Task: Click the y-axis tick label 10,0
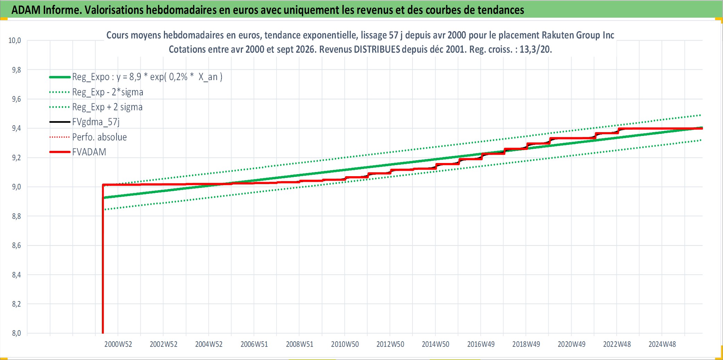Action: point(15,41)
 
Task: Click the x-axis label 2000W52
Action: point(118,344)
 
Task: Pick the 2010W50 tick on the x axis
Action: point(345,344)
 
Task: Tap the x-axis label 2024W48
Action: point(662,344)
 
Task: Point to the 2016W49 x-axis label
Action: point(481,344)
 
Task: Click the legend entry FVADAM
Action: point(89,152)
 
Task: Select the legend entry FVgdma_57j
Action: point(96,122)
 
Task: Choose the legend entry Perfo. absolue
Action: point(99,137)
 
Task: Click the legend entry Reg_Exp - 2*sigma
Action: point(107,92)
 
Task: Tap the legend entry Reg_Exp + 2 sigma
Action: point(107,107)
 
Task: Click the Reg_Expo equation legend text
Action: point(147,77)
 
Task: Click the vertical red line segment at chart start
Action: point(103,259)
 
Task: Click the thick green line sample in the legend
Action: point(60,77)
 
